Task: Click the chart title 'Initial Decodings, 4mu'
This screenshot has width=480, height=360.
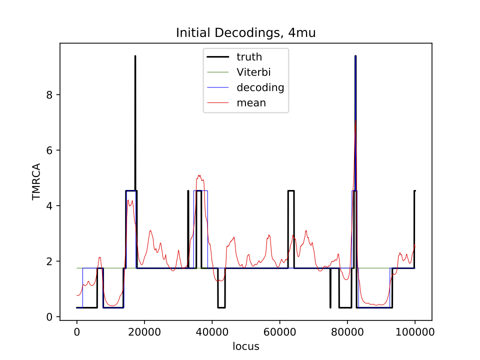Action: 245,33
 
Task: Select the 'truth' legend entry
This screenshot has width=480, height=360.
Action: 249,57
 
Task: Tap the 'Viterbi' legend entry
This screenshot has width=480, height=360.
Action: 253,72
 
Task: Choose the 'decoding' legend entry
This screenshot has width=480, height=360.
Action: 260,88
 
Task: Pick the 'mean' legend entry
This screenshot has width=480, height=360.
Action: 251,103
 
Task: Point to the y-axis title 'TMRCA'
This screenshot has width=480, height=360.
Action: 36,181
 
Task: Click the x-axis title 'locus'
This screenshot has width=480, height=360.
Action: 245,346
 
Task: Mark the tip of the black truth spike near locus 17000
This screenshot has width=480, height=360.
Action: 135,56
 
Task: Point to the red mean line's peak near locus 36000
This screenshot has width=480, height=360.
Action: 199,175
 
